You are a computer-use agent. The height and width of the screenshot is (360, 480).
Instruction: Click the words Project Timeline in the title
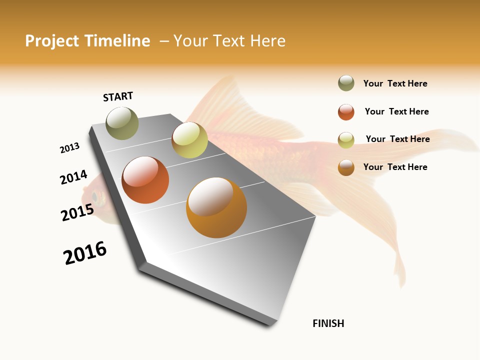click(87, 41)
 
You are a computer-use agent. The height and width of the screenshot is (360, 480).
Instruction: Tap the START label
click(118, 96)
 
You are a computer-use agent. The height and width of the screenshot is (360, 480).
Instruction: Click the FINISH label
click(328, 323)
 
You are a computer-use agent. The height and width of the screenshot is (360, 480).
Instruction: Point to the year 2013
click(69, 147)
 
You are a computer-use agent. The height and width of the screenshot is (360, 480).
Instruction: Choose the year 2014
click(73, 177)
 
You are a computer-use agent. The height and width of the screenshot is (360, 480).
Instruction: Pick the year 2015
click(77, 212)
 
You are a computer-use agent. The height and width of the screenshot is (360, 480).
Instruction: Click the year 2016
click(85, 253)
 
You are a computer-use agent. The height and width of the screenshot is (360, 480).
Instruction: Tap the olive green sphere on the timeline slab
click(122, 123)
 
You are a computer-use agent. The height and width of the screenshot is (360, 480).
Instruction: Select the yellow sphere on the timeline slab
click(189, 140)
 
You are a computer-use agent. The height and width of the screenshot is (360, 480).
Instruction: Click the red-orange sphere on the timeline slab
click(145, 180)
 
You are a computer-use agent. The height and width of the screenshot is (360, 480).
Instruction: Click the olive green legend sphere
click(346, 83)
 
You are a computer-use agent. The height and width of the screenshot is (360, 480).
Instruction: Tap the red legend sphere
click(346, 112)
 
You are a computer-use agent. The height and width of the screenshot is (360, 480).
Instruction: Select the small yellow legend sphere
click(346, 140)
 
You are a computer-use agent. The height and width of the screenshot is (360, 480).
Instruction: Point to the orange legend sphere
click(346, 167)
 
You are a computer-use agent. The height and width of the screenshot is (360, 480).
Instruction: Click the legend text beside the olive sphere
click(395, 83)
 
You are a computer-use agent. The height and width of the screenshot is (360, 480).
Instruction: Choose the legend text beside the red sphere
click(396, 111)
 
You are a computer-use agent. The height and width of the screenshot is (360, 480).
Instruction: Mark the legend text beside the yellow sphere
click(397, 139)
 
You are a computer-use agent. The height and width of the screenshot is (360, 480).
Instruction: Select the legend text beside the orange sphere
click(395, 167)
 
